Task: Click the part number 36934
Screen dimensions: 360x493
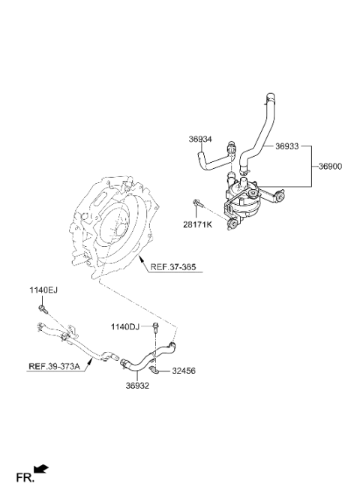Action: point(200,139)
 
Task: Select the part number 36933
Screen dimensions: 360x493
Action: point(287,146)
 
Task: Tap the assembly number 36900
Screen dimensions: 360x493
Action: point(331,167)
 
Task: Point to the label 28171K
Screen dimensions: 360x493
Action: point(197,225)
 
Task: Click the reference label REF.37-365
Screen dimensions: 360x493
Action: point(173,267)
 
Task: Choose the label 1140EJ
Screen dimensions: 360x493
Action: point(43,290)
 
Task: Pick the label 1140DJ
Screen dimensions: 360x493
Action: point(124,327)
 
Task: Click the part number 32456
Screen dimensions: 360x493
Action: point(184,371)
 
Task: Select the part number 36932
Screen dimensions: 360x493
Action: point(137,386)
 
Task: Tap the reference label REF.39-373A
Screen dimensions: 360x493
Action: point(54,366)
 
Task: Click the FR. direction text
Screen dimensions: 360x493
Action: point(25,478)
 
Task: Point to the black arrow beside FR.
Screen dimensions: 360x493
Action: point(41,469)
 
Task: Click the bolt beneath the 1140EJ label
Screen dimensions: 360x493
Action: point(43,309)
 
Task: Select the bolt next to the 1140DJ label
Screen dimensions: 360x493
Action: point(155,328)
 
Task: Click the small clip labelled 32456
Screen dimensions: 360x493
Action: point(154,371)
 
